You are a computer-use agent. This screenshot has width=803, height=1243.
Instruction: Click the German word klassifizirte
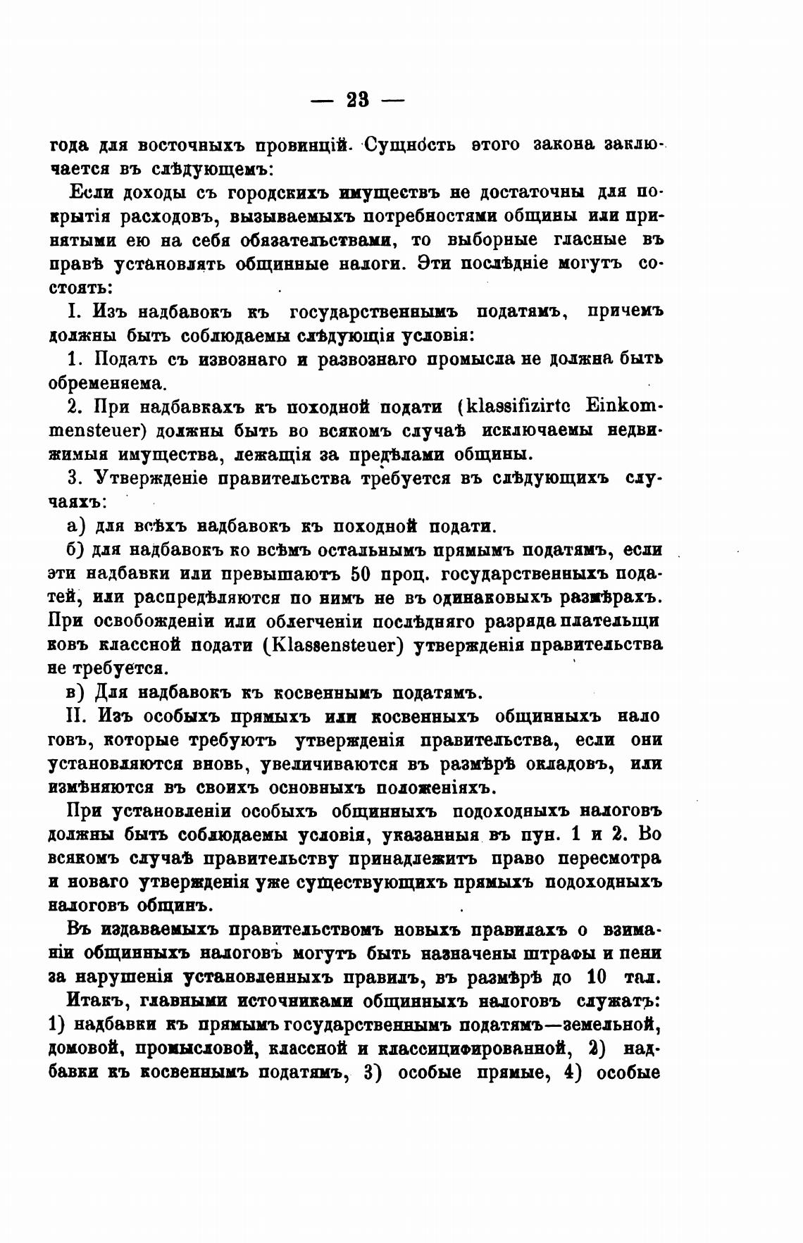point(521,406)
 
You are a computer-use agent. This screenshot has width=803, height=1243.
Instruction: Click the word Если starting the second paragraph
point(92,192)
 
